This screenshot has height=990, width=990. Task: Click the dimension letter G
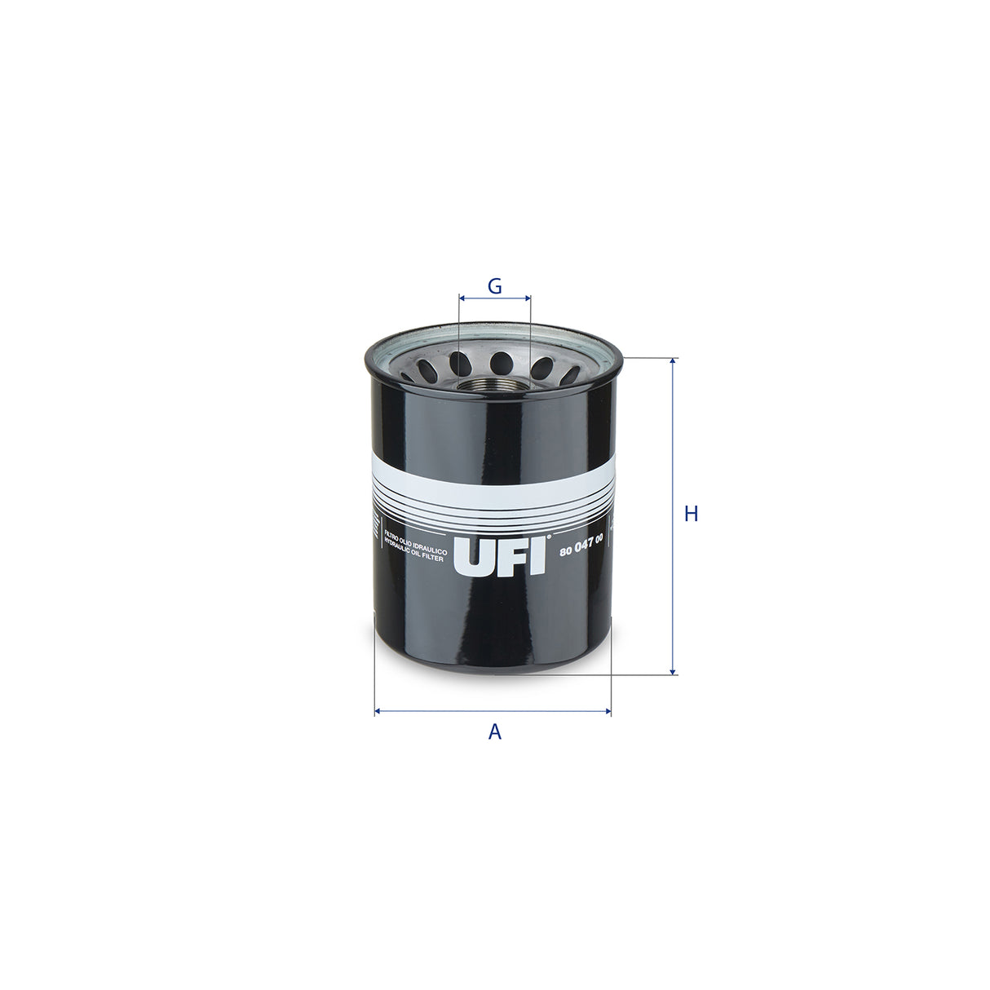click(494, 286)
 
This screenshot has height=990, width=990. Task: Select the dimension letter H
click(692, 514)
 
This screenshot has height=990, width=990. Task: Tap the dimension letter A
click(495, 732)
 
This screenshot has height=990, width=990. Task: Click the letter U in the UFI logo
click(472, 557)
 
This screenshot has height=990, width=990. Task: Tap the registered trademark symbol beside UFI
click(549, 537)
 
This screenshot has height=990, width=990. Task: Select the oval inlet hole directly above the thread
click(500, 361)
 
